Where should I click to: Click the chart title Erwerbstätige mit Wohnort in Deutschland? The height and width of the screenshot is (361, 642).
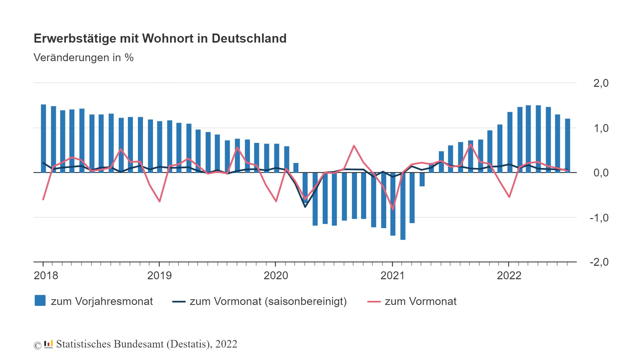tap(160, 39)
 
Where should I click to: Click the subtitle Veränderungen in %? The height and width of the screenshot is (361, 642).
tap(83, 58)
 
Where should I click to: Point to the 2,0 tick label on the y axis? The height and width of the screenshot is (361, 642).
tap(601, 83)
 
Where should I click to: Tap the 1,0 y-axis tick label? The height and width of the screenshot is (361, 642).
tap(601, 128)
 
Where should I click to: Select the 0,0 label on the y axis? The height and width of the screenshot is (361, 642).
tap(601, 173)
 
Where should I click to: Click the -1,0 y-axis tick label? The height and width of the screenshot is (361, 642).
tap(599, 218)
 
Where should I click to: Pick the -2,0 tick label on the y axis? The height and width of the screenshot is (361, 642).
tap(599, 262)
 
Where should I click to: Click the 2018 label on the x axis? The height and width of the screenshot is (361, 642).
tap(46, 276)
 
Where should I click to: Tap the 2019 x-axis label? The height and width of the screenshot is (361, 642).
tap(159, 276)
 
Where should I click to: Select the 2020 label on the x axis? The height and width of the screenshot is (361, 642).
tap(276, 276)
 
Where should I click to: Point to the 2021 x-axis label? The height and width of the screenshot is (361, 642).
tap(392, 276)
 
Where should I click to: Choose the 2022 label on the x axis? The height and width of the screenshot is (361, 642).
tap(509, 276)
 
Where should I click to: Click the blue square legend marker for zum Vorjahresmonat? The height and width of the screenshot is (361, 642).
tap(40, 301)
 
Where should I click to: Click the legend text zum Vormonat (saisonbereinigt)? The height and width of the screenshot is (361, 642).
tap(268, 301)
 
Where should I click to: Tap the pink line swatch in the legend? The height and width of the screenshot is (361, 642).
tap(374, 302)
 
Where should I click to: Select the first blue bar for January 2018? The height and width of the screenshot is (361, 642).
tap(44, 138)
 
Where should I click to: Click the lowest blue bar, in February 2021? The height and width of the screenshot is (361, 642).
tap(403, 207)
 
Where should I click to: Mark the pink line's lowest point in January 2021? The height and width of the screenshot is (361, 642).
tap(393, 209)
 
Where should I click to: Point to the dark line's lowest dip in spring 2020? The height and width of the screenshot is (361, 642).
tap(305, 207)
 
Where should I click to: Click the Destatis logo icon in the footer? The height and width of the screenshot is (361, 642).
tap(48, 344)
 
